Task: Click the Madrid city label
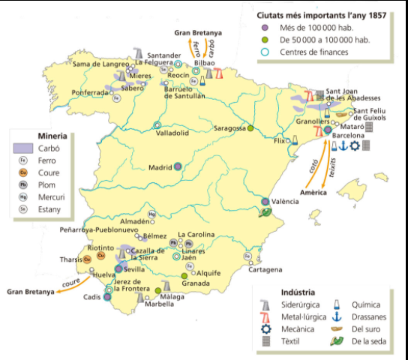coord(160,167)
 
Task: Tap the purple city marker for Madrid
coord(178,167)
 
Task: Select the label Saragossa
coord(229,127)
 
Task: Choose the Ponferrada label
coord(91,93)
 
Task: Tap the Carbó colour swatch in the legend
coord(23,148)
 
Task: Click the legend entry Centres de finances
coord(315,52)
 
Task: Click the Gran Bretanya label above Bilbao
coord(198,33)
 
